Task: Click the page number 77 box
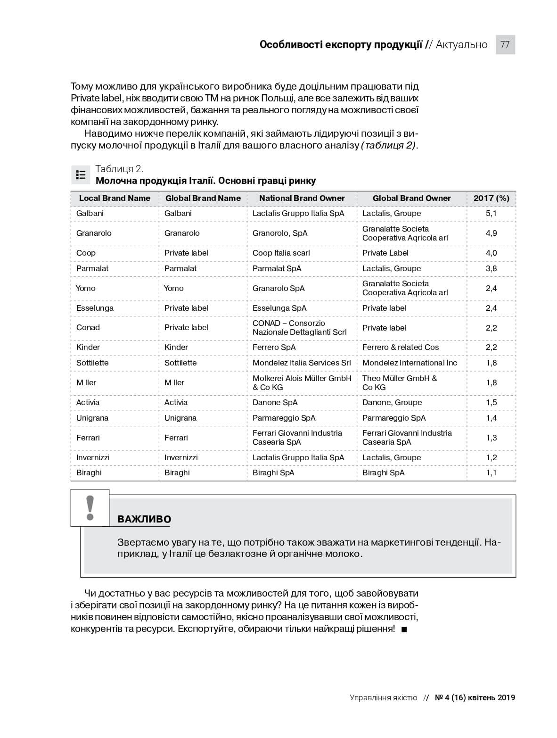click(x=505, y=45)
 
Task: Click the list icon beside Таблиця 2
click(x=81, y=175)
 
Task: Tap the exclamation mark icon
click(x=90, y=508)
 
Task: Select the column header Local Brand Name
click(x=115, y=199)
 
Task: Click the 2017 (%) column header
click(x=491, y=199)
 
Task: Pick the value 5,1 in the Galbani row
click(x=491, y=214)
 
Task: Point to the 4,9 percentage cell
click(x=491, y=233)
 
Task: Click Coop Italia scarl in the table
click(x=281, y=253)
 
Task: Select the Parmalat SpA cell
click(x=277, y=269)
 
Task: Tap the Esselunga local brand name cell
click(x=95, y=308)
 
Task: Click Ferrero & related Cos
click(x=400, y=348)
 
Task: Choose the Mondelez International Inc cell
click(x=410, y=363)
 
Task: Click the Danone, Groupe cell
click(x=392, y=403)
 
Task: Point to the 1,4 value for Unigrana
click(x=491, y=418)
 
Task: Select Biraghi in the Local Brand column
click(x=89, y=473)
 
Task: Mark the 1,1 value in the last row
click(x=491, y=473)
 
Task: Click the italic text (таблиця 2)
click(x=388, y=146)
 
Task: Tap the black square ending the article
click(x=404, y=630)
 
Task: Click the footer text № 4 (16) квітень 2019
click(x=475, y=698)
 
